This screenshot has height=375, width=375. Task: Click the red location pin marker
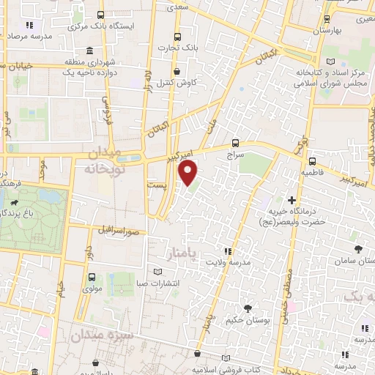tap(188, 173)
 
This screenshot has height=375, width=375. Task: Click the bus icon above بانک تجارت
tap(177, 37)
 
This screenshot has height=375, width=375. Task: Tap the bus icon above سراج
tap(235, 143)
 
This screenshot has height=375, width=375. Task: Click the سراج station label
tap(235, 155)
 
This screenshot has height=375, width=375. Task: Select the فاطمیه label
tap(311, 174)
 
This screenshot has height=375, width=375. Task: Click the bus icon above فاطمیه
tap(312, 162)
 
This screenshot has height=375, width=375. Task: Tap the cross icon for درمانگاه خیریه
tap(292, 199)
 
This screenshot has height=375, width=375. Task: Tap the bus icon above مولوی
tap(92, 277)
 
